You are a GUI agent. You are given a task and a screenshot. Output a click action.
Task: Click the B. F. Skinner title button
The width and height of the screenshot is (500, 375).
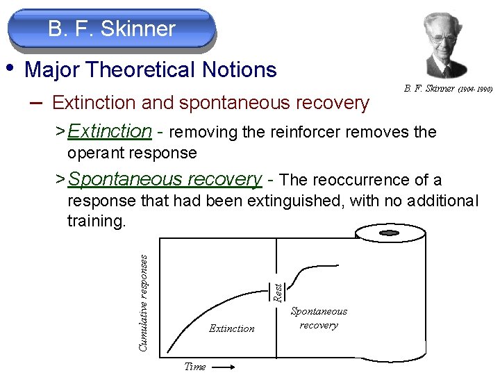coord(112,29)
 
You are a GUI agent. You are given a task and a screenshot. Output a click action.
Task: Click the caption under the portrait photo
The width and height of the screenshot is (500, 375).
coord(447,89)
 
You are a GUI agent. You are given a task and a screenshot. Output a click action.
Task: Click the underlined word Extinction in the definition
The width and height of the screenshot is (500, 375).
coord(110,131)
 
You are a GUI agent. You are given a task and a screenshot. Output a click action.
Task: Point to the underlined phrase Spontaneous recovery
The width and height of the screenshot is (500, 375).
coord(165,179)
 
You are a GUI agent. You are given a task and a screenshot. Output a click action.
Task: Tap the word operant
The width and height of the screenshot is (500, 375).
coord(95,152)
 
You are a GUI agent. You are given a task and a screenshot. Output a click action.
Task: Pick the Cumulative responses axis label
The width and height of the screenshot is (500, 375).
coord(143,301)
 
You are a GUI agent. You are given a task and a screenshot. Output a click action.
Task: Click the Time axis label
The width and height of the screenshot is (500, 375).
coord(194,366)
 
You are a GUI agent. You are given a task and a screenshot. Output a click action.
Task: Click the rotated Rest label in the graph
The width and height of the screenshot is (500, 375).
coord(277,292)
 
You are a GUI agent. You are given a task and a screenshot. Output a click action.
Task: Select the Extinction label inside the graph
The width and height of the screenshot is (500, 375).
coord(232,328)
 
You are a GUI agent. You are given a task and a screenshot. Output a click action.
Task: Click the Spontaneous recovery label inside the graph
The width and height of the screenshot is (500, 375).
coord(319,318)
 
